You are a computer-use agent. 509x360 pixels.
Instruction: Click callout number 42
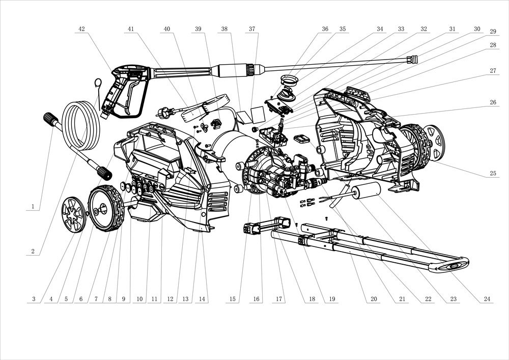click(81, 29)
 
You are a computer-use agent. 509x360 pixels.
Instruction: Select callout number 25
click(493, 174)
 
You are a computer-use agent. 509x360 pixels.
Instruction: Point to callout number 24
click(487, 299)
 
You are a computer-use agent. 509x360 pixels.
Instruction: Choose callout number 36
click(325, 29)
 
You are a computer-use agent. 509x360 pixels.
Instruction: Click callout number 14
click(203, 299)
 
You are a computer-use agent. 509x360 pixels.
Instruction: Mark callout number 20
click(374, 299)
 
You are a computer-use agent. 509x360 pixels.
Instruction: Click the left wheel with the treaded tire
click(107, 208)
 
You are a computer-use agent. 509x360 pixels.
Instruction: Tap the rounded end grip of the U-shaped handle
click(453, 265)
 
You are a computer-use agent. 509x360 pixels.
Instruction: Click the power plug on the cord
click(164, 111)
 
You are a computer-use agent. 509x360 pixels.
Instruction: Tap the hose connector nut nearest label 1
click(50, 120)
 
